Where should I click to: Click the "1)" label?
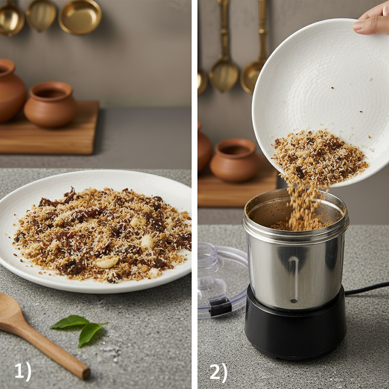(x=23, y=372)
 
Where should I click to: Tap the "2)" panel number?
(x=218, y=373)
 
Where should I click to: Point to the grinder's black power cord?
(x=367, y=289)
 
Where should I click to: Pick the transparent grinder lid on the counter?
(x=222, y=279)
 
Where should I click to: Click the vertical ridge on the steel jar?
(x=294, y=279)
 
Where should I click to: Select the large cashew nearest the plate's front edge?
(x=107, y=262)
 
